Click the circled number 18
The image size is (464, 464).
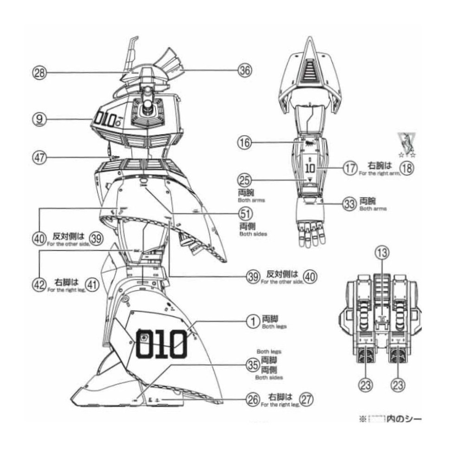tap(406, 168)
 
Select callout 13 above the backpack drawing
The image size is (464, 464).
tap(381, 253)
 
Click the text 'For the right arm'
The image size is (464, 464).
tap(379, 174)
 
